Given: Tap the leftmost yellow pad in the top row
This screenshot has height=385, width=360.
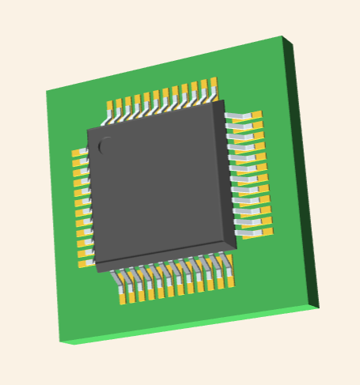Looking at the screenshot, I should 112,105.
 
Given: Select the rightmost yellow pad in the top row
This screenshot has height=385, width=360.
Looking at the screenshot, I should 213,83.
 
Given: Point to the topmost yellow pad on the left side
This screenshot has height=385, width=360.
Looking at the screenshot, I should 77,153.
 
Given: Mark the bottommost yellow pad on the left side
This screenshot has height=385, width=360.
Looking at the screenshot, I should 83,263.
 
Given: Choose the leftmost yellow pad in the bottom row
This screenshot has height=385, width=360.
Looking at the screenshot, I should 123,298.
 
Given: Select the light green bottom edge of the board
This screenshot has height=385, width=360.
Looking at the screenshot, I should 190,326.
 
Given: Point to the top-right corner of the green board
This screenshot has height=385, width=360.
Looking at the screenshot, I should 282,36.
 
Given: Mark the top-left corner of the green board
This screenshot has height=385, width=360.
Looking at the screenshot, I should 47,91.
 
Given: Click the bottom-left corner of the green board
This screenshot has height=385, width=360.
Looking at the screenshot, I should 60,342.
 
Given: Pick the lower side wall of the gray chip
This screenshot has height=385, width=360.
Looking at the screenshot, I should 166,255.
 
